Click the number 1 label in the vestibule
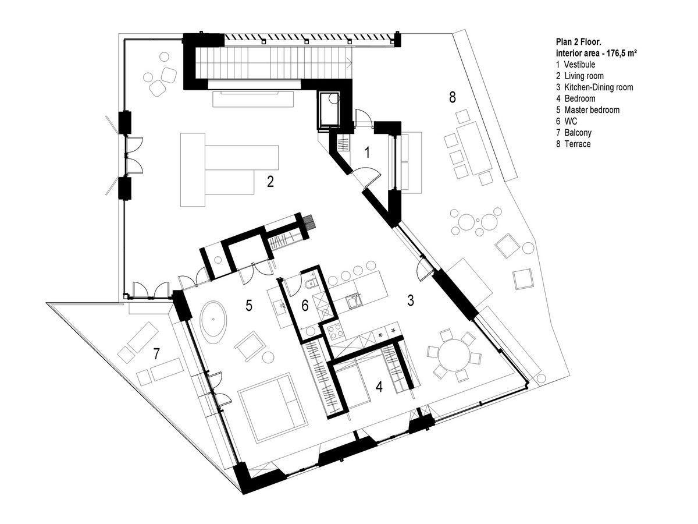click(368, 152)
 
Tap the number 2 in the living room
click(270, 182)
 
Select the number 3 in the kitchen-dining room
click(411, 300)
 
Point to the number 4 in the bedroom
click(379, 387)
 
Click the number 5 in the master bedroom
click(249, 305)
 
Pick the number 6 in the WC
click(305, 306)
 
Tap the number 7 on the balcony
click(156, 354)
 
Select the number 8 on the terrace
click(453, 97)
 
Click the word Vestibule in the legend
click(580, 65)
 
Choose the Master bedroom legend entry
click(587, 110)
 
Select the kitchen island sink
click(354, 302)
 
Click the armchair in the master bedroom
click(250, 347)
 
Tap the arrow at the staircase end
click(349, 63)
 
